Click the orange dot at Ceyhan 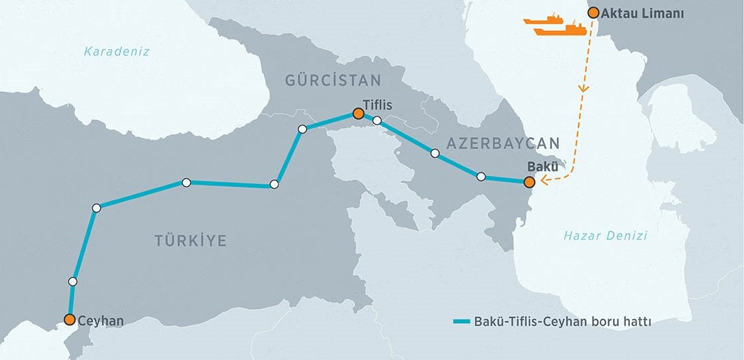69,320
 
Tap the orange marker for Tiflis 358,114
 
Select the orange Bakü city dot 529,181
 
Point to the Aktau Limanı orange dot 593,12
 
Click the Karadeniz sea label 117,52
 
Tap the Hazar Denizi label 605,236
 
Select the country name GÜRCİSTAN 333,81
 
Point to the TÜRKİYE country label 191,240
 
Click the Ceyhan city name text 101,320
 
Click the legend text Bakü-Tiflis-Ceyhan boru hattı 563,322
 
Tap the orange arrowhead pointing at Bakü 545,179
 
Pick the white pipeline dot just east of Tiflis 377,121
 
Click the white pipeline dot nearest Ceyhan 73,281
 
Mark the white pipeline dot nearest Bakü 481,177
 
